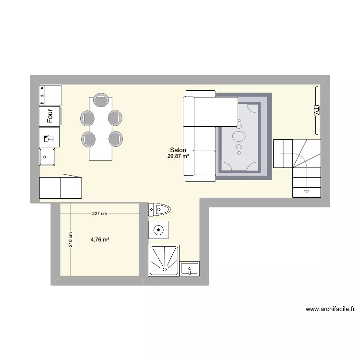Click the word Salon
tap(178, 150)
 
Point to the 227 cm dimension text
tap(99, 213)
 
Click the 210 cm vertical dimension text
tap(71, 240)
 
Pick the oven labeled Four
tap(50, 116)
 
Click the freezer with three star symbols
tap(50, 95)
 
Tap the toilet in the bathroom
tap(160, 209)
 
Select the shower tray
tap(165, 261)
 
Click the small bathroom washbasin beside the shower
tap(190, 269)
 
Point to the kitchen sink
tap(47, 156)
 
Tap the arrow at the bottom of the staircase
tap(306, 192)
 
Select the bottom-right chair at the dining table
tap(116, 139)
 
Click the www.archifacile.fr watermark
tap(330, 309)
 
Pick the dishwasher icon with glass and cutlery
tap(49, 137)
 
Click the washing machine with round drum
tap(158, 230)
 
